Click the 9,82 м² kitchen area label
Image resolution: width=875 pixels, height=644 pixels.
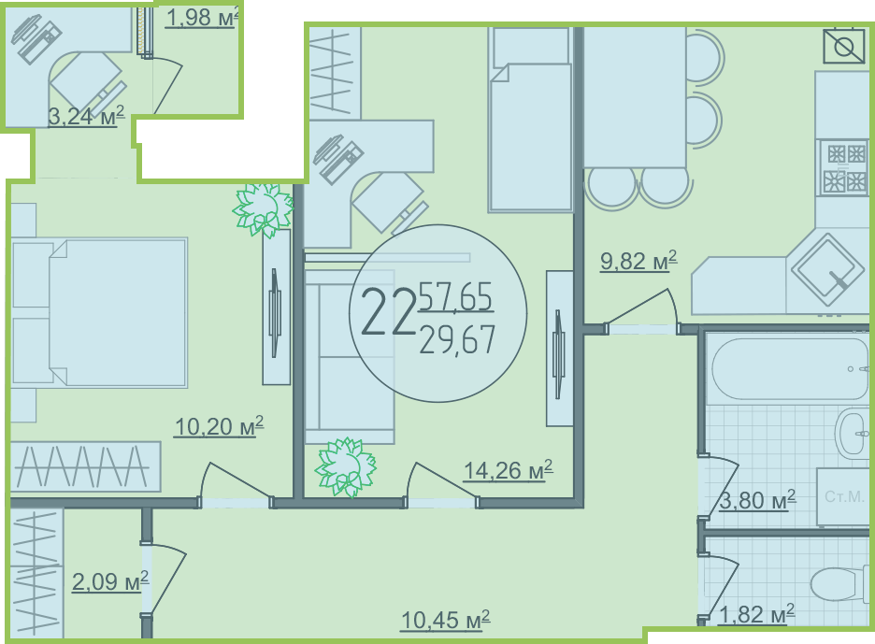[638, 261]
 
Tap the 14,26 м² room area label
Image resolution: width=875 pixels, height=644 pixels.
[508, 470]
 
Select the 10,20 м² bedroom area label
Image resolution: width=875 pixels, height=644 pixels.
[219, 426]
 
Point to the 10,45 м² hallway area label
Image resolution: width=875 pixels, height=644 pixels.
[445, 620]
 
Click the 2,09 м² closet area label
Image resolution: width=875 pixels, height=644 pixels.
[110, 581]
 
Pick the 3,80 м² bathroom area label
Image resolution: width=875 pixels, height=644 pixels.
[757, 500]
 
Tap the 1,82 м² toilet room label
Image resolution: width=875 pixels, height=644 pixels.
[756, 614]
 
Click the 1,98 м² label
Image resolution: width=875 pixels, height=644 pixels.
[203, 18]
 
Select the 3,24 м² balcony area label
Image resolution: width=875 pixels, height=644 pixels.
[86, 116]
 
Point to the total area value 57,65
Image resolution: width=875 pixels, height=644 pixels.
[455, 297]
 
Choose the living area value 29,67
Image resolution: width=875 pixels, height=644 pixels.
[457, 340]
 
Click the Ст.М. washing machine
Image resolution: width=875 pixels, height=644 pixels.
[843, 496]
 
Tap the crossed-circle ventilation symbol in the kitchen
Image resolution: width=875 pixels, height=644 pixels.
[844, 46]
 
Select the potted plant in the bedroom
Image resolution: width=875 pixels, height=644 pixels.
[264, 208]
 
